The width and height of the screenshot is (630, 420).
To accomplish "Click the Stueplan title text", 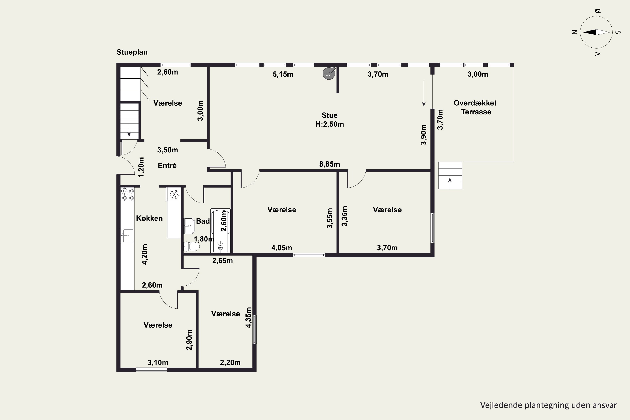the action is tap(132, 52).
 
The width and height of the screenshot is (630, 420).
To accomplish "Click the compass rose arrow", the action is tap(596, 32).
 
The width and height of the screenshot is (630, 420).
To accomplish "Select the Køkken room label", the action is tap(150, 218).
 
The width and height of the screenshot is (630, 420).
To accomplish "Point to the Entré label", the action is tap(167, 165).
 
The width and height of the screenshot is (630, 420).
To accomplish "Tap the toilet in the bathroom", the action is tap(192, 246).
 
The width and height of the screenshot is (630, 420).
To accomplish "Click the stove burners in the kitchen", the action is tap(127, 194).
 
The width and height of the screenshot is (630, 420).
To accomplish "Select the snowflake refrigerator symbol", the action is tap(174, 194).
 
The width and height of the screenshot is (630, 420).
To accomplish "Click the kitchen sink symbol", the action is tap(127, 235).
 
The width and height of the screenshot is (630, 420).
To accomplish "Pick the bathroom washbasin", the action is tap(189, 226).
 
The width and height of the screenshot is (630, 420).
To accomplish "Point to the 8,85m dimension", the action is tap(329, 164).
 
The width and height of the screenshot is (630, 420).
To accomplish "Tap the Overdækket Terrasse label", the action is tap(475, 107).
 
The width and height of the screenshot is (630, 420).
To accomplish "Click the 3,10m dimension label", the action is tap(158, 362).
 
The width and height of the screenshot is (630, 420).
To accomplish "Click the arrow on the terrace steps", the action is tap(450, 180).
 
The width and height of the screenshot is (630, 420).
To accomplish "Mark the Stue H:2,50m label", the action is tap(329, 120).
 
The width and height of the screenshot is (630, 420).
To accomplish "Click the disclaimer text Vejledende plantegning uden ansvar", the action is tap(549, 405).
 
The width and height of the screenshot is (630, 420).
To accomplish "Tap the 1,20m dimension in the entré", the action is tap(141, 167).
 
